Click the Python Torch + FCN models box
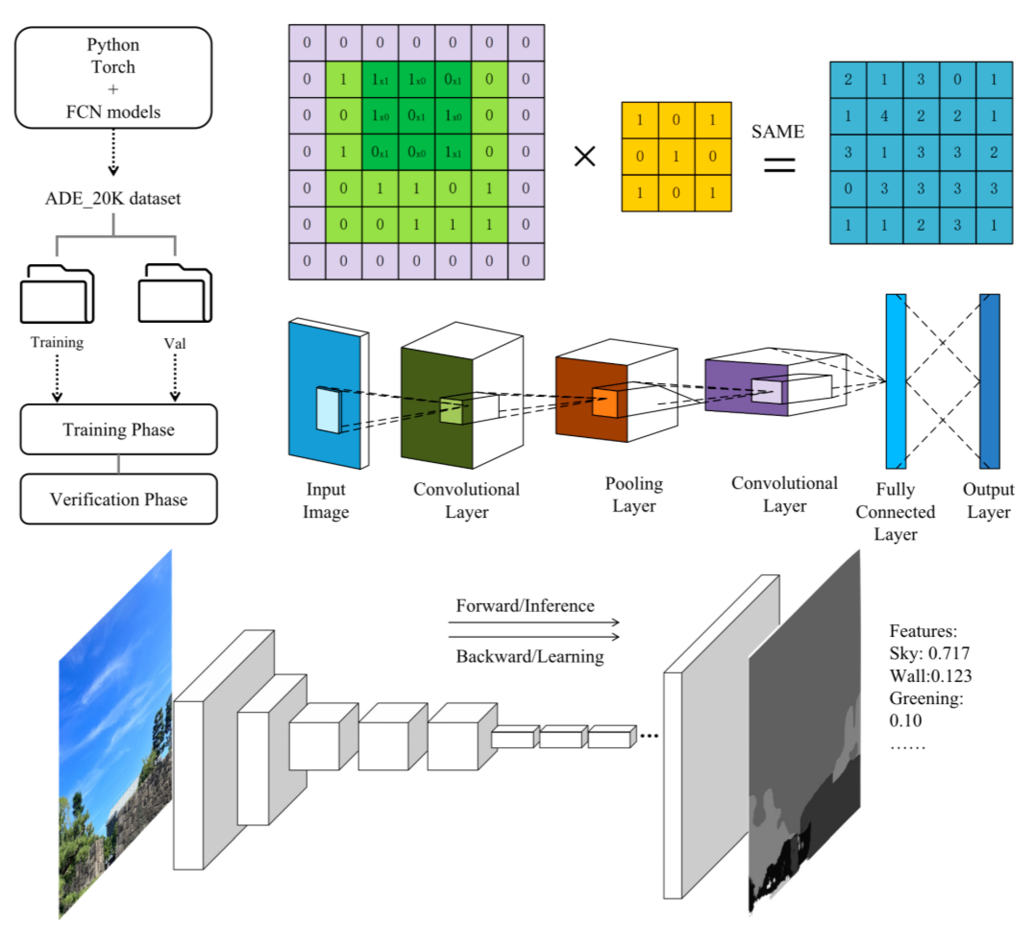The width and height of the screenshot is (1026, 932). pyautogui.click(x=113, y=78)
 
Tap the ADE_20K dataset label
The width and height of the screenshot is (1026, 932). pyautogui.click(x=113, y=198)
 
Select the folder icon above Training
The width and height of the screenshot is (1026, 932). pyautogui.click(x=57, y=294)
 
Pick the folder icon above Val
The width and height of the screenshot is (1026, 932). pyautogui.click(x=175, y=293)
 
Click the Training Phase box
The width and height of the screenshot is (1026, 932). pyautogui.click(x=118, y=430)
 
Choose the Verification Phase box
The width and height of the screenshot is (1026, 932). pyautogui.click(x=118, y=499)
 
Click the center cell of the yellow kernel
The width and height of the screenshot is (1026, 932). pyautogui.click(x=676, y=156)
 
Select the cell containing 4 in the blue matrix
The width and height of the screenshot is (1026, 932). pyautogui.click(x=884, y=116)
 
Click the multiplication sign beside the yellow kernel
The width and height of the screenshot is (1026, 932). pyautogui.click(x=585, y=156)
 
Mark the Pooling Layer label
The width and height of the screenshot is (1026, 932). pyautogui.click(x=634, y=494)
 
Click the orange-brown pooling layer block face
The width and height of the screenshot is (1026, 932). pyautogui.click(x=591, y=399)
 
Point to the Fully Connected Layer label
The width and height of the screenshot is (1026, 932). pyautogui.click(x=895, y=512)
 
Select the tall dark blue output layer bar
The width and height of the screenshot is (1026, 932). pyautogui.click(x=990, y=381)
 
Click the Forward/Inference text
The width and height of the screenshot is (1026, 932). pyautogui.click(x=525, y=606)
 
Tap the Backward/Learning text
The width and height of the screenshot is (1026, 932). pyautogui.click(x=530, y=656)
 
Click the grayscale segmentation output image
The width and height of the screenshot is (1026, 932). pyautogui.click(x=804, y=733)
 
